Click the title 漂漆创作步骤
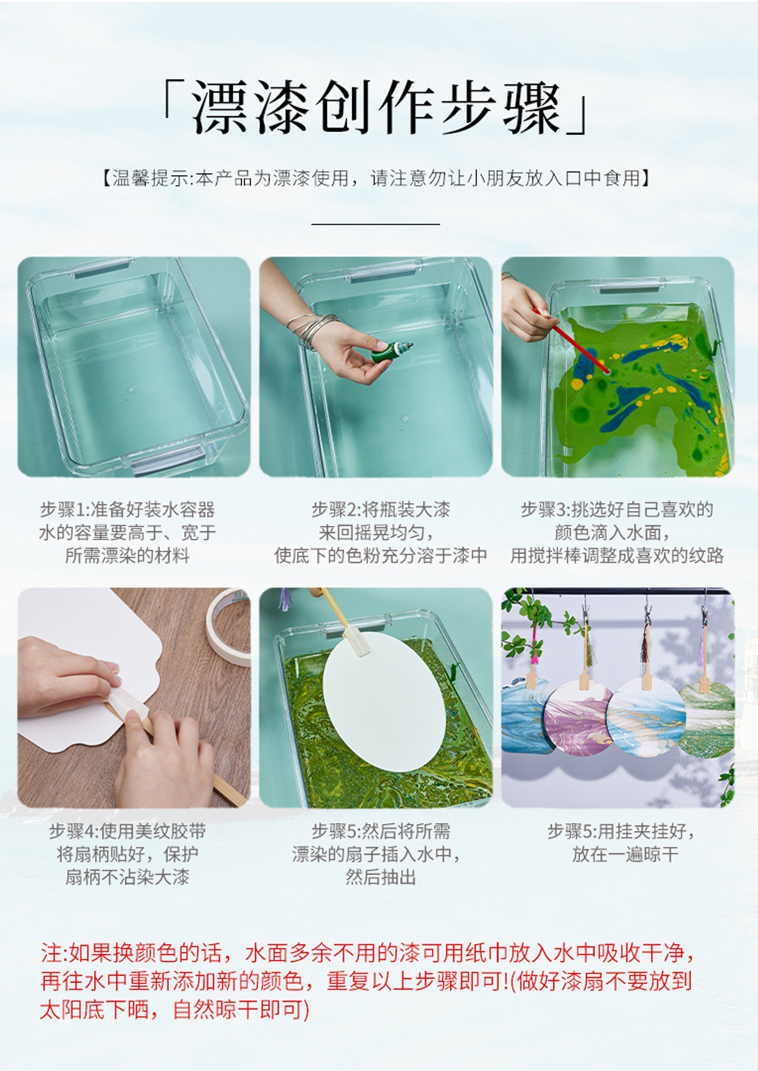pos(377,108)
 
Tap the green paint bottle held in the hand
pos(392,351)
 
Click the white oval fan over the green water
pos(384,701)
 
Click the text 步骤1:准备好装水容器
pos(127,509)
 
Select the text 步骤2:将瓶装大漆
pos(381,509)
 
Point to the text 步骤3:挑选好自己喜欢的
pos(617,509)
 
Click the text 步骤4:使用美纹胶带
pos(127,831)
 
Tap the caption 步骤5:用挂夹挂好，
pos(621,831)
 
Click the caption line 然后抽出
pos(381,877)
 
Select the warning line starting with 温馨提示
pos(376,178)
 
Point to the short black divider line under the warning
pos(375,223)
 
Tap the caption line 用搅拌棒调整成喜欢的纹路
pos(617,555)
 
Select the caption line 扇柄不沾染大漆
pos(127,877)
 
